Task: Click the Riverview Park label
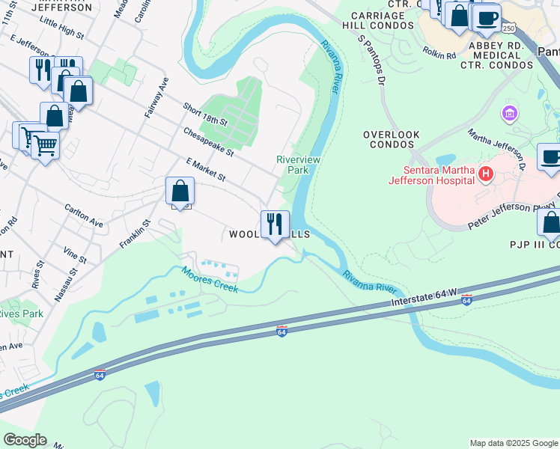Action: click(x=298, y=165)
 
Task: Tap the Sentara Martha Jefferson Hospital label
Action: click(x=431, y=174)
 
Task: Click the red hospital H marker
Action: click(x=485, y=175)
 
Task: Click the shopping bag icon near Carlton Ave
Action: click(x=180, y=192)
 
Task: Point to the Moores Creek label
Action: click(x=209, y=278)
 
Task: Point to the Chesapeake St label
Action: click(x=209, y=142)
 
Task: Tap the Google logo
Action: click(x=25, y=440)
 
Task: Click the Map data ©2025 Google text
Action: click(x=513, y=443)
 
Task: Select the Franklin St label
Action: click(x=135, y=233)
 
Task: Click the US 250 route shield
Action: click(x=509, y=28)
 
